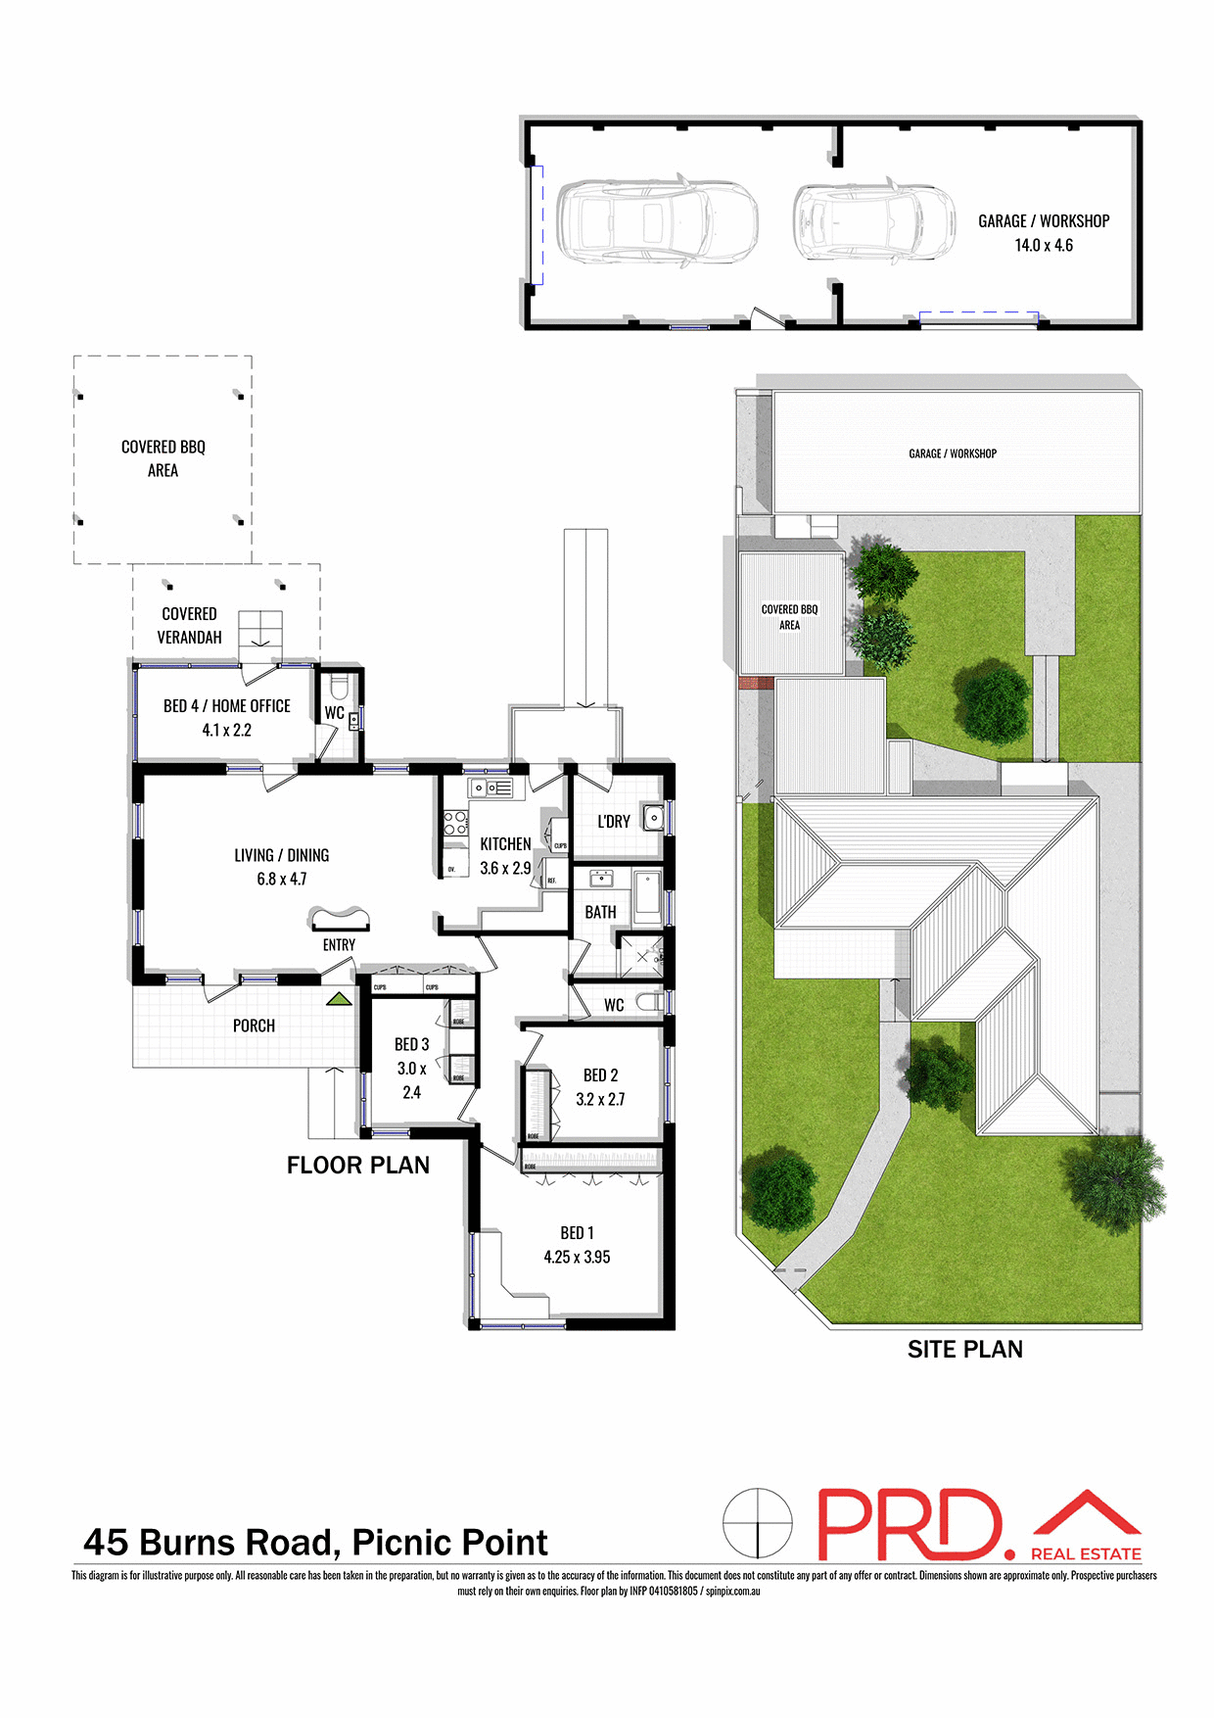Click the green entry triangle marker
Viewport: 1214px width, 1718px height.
339,999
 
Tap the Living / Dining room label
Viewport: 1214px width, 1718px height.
281,855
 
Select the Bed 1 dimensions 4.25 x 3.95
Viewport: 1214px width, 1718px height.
577,1257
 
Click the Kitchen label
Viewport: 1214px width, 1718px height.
505,843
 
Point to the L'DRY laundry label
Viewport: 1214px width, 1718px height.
614,821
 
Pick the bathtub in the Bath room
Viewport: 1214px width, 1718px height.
648,896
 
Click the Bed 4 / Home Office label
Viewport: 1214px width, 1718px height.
227,706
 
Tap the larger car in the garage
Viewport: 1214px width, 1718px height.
657,221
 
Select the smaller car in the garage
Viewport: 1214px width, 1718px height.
873,222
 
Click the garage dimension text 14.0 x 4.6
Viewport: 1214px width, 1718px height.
1044,246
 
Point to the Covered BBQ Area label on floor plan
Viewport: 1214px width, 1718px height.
163,458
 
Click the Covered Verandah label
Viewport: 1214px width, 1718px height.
190,625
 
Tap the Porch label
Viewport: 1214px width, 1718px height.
254,1026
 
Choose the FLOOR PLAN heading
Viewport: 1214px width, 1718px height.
358,1165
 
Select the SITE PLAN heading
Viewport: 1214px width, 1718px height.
964,1349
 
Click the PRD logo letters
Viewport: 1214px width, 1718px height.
910,1524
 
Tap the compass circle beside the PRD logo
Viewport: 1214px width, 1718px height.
757,1523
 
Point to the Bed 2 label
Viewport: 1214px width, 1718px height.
600,1074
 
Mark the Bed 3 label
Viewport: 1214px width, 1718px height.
411,1044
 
